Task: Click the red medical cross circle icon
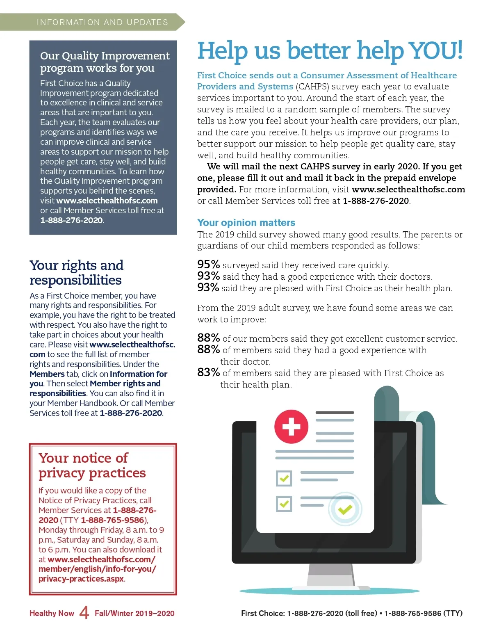[291, 427]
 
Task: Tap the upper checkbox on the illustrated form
[284, 478]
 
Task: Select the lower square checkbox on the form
[284, 504]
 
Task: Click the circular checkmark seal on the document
[345, 509]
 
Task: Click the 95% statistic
[208, 265]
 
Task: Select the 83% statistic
[208, 372]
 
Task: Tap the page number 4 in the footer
[84, 613]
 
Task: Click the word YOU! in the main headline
[436, 50]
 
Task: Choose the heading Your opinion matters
[246, 223]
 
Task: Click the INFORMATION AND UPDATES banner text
[102, 22]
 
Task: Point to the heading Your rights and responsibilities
[76, 272]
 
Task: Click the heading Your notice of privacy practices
[92, 465]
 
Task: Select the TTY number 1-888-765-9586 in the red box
[113, 520]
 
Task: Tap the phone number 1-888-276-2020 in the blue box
[71, 220]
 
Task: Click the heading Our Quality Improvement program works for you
[105, 62]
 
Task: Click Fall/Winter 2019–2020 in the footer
[134, 614]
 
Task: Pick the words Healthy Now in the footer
[52, 614]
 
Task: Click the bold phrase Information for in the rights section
[139, 374]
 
